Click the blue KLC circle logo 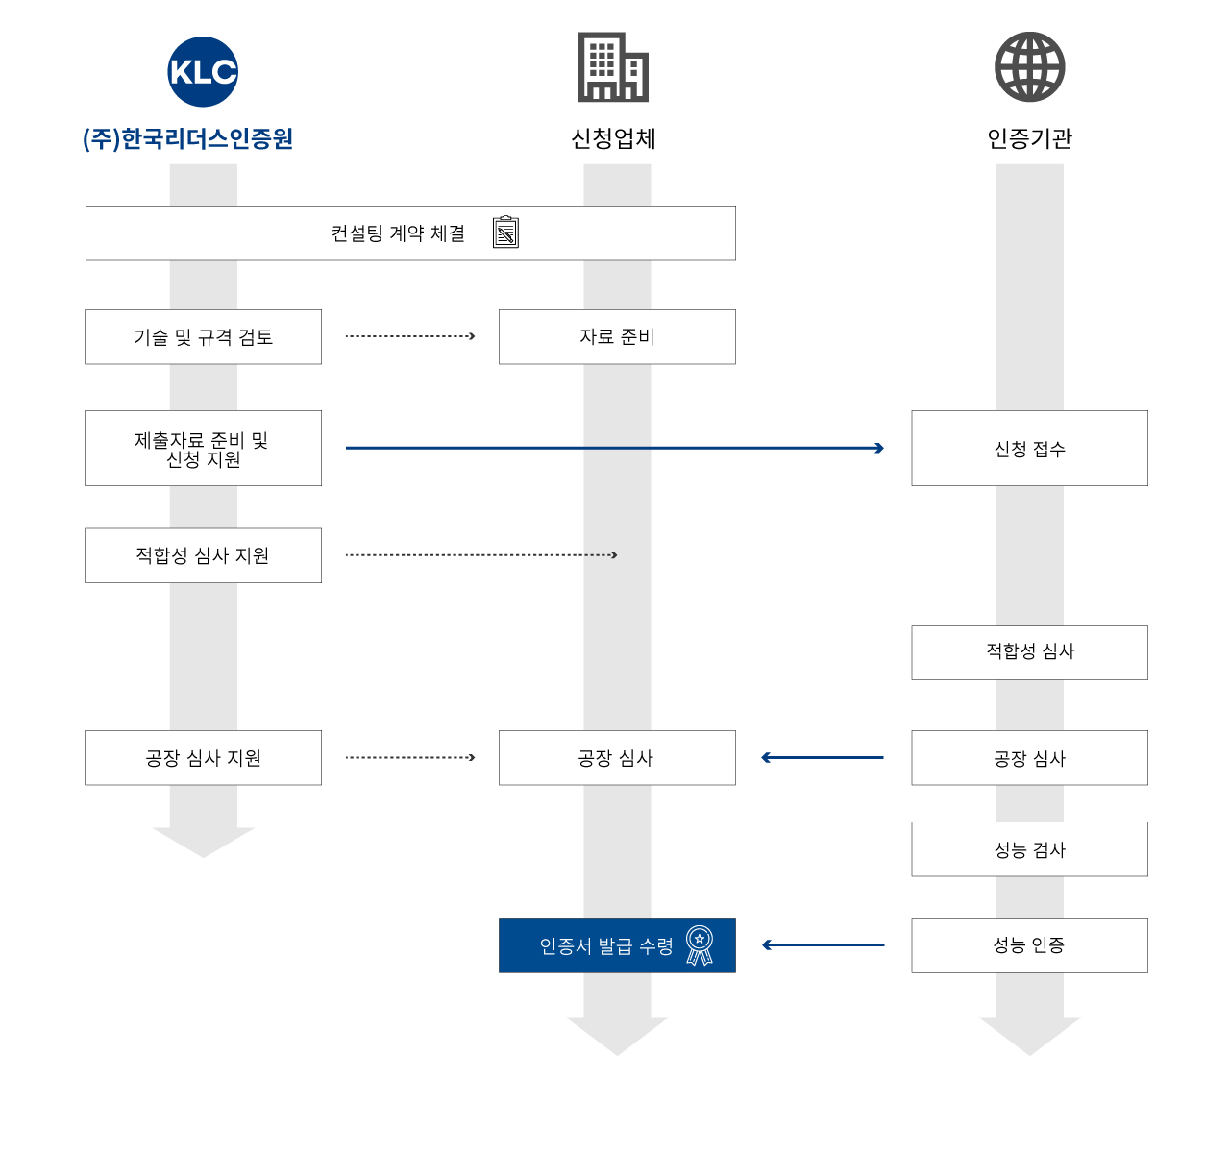203,71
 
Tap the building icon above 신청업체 613,67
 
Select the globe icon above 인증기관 1029,67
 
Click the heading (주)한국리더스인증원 187,138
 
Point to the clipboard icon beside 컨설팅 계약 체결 505,233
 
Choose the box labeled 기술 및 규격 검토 203,337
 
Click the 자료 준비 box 617,337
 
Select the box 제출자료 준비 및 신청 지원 203,448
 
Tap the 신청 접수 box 1029,448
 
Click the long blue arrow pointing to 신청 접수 614,448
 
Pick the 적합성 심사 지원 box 203,555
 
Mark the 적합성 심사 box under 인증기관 1029,651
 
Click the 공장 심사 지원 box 203,758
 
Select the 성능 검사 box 1029,848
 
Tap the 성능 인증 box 1029,944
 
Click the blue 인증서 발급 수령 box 617,944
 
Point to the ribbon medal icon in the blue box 700,944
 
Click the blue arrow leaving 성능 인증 824,944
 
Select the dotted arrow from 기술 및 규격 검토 410,336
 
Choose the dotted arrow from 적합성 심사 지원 481,555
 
